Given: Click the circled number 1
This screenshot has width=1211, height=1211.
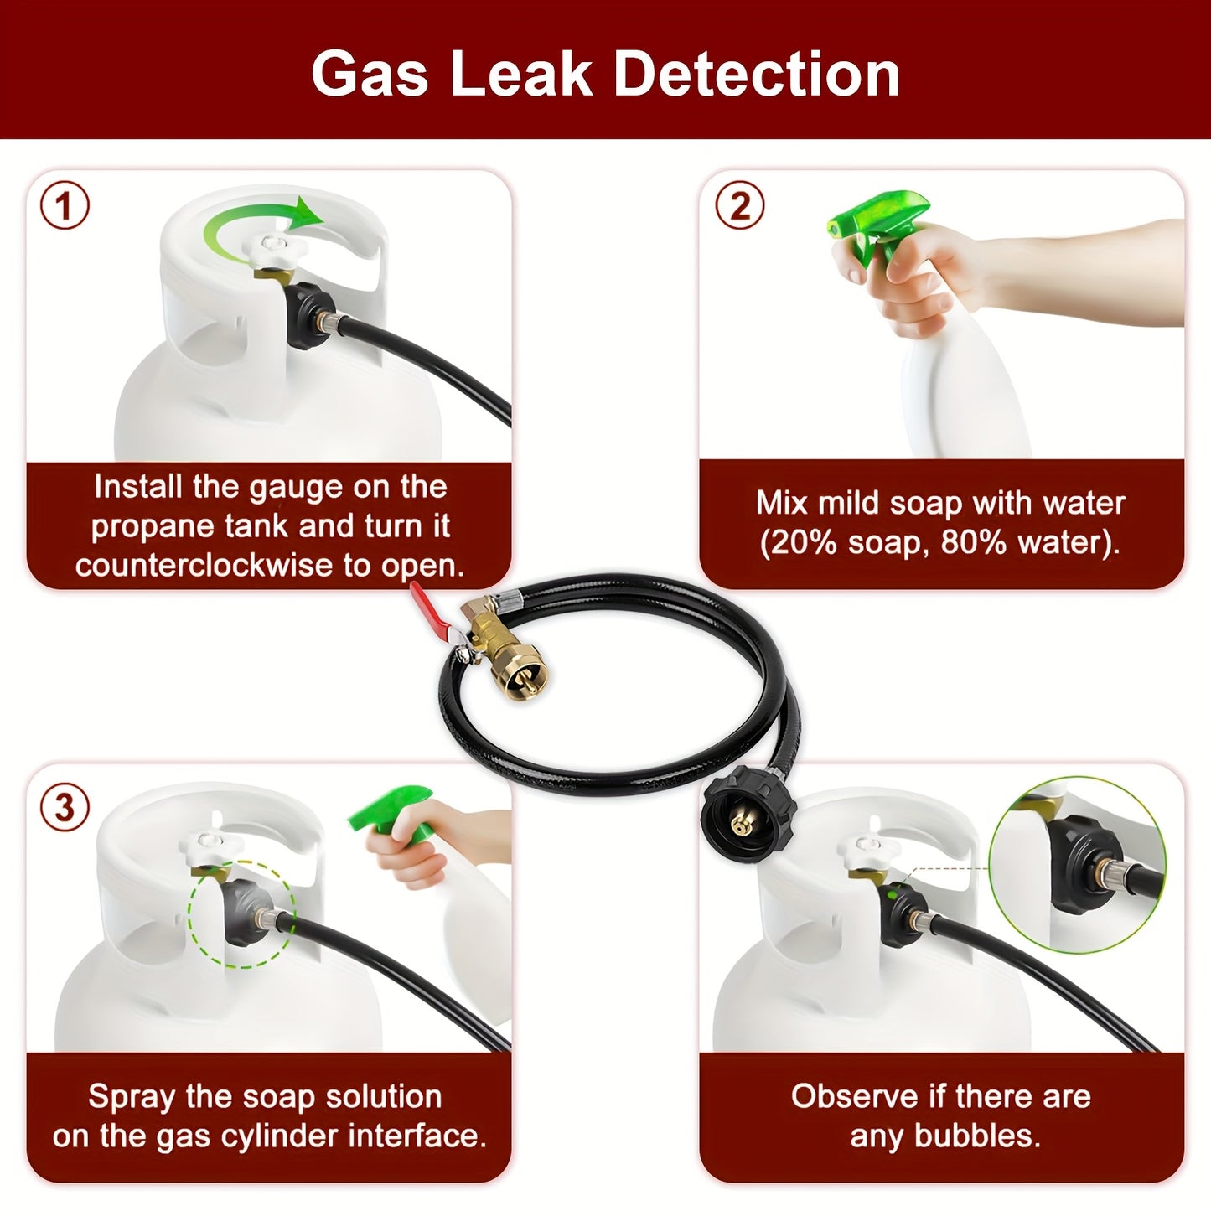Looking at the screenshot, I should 65,205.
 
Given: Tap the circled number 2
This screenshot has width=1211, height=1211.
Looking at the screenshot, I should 739,205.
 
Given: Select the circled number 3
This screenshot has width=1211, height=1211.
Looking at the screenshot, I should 65,808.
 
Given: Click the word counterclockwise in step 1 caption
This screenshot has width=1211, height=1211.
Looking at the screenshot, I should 205,566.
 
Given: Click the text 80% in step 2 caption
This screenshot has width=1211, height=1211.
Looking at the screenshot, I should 973,543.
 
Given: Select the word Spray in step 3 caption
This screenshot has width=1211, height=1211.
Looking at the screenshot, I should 129,1096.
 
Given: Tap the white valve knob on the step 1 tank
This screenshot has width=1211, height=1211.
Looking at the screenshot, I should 273,249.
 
